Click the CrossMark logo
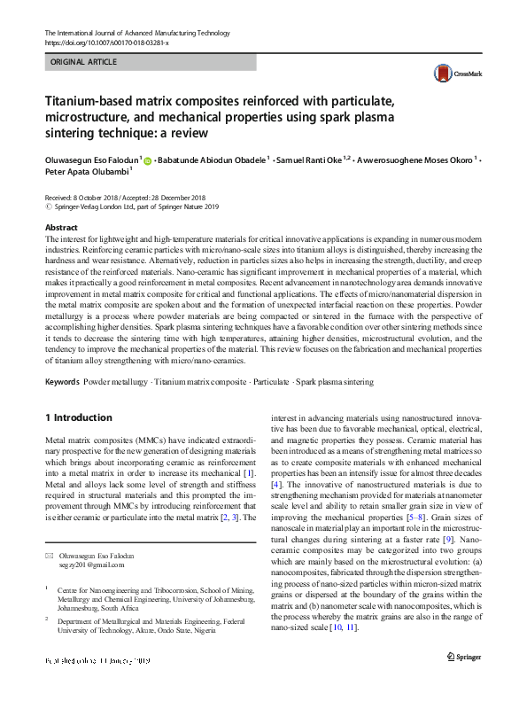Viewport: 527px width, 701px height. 448,74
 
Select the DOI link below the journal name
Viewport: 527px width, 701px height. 106,43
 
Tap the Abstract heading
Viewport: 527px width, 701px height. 60,227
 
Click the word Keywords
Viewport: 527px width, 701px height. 61,382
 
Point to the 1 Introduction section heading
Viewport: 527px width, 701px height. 78,417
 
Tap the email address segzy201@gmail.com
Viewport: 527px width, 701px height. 92,565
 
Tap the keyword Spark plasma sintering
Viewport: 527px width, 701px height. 334,382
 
